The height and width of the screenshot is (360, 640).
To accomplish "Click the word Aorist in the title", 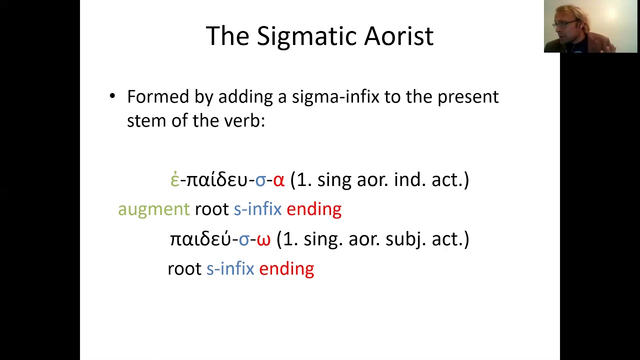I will pyautogui.click(x=398, y=36).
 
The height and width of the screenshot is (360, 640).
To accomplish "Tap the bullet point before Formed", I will pyautogui.click(x=112, y=96).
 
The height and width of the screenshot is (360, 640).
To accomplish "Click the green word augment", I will pyautogui.click(x=153, y=209).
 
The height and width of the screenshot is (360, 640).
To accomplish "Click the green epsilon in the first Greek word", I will pyautogui.click(x=174, y=180).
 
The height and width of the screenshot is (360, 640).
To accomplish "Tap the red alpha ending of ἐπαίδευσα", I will pyautogui.click(x=278, y=180).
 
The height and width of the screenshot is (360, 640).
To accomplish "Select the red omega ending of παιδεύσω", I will pyautogui.click(x=263, y=240).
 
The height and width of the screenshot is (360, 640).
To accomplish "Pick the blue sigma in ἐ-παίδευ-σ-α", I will pyautogui.click(x=260, y=180).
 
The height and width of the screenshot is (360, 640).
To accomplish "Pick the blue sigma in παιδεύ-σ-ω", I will pyautogui.click(x=243, y=240).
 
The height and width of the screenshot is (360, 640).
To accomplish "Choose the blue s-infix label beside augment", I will pyautogui.click(x=257, y=209).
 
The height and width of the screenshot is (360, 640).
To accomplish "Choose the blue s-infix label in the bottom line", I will pyautogui.click(x=230, y=269).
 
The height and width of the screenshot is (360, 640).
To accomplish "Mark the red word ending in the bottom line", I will pyautogui.click(x=286, y=269).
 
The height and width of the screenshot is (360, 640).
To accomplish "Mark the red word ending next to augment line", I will pyautogui.click(x=314, y=209).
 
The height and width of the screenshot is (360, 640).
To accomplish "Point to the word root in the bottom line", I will pyautogui.click(x=184, y=269).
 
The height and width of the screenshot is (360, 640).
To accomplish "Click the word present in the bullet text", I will pyautogui.click(x=467, y=96).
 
